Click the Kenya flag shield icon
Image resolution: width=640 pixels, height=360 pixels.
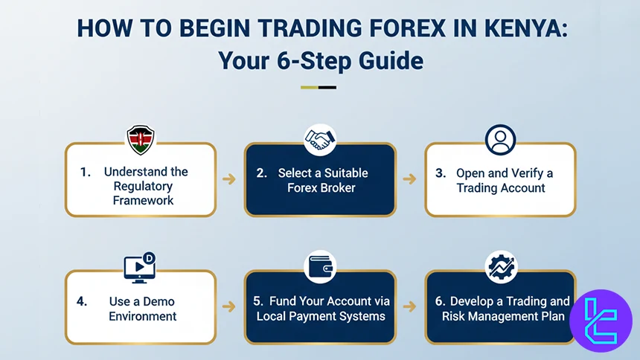140,139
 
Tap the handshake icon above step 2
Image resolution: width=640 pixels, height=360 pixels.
320,139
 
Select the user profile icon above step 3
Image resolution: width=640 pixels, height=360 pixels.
500,139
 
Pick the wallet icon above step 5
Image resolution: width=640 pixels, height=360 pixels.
320,267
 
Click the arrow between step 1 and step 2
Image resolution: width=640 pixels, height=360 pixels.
230,179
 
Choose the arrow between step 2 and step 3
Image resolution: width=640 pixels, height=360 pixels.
410,179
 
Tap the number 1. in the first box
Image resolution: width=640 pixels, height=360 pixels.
86,172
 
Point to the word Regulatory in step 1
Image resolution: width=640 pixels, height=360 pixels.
142,186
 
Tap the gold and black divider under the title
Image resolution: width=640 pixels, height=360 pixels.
319,87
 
